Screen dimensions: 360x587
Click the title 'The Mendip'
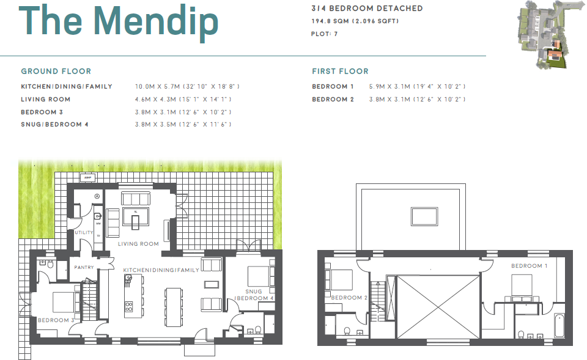pos(120,22)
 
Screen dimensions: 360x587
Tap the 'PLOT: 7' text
pos(325,34)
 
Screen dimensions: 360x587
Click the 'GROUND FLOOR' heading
pos(56,72)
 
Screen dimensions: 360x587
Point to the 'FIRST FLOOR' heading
pos(340,72)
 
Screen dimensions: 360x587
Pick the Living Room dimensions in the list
pos(183,99)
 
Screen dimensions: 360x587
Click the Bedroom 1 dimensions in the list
pos(417,87)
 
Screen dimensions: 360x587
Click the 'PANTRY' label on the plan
pos(83,267)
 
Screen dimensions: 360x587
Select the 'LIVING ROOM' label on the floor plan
pos(138,244)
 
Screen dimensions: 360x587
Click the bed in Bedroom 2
pos(338,280)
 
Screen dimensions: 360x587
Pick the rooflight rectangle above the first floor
pos(424,216)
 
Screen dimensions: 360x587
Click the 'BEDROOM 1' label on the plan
pos(530,266)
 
